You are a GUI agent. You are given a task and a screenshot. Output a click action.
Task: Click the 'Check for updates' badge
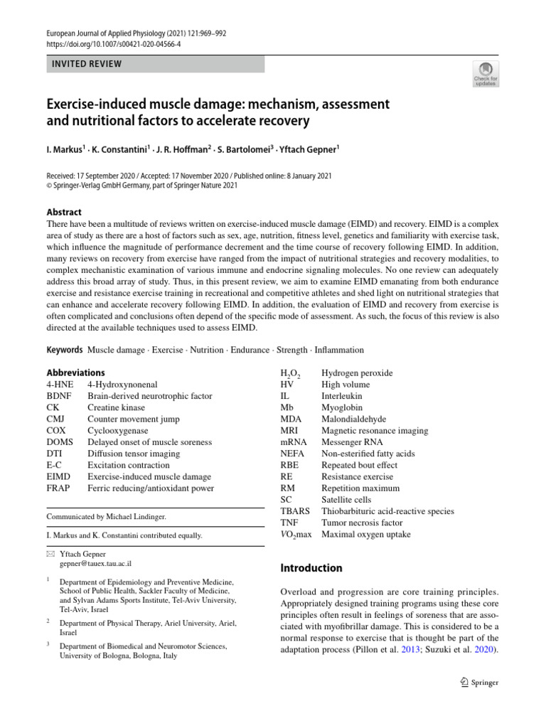click(x=485, y=75)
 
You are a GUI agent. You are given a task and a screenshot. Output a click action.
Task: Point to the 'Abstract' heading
click(x=64, y=212)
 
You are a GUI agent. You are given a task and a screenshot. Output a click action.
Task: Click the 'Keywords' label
click(x=65, y=350)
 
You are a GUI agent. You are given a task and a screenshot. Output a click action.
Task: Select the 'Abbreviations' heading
click(x=75, y=373)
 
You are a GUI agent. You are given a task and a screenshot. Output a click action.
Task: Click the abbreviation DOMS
click(x=60, y=442)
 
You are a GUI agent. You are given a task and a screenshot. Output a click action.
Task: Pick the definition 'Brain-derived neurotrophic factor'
click(x=149, y=396)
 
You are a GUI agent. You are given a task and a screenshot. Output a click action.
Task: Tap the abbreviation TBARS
click(x=296, y=511)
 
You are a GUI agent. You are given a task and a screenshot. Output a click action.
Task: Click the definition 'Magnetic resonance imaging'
click(x=375, y=431)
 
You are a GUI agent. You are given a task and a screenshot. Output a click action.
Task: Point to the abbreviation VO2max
click(x=296, y=534)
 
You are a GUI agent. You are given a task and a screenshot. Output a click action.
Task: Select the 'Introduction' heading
click(x=311, y=568)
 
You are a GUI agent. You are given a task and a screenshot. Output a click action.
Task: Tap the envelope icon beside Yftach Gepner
click(x=49, y=553)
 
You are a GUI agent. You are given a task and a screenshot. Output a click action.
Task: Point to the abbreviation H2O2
click(x=290, y=373)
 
